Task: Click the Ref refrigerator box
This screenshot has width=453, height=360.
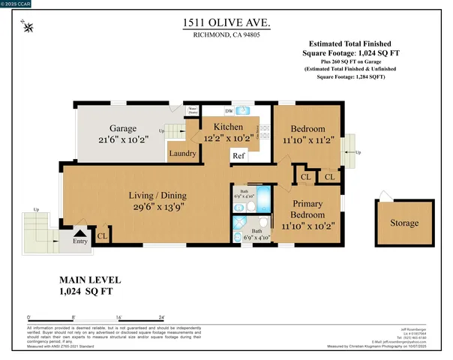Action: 238,156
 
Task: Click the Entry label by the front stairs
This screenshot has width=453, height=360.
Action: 79,241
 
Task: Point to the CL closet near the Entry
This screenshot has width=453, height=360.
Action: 103,235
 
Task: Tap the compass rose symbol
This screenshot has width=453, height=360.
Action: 28,28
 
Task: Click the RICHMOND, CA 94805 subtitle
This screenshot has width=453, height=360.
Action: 226,35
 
